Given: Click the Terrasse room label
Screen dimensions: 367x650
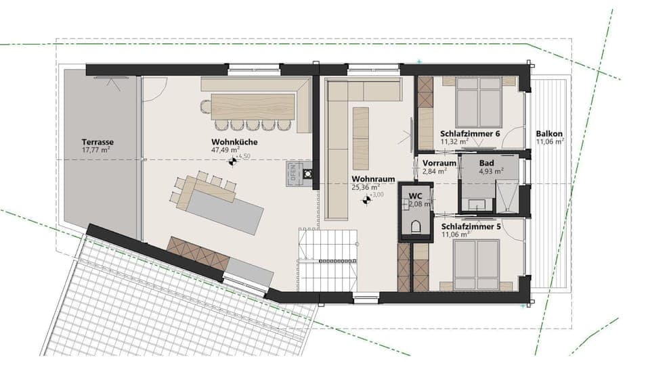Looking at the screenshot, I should [x=97, y=142].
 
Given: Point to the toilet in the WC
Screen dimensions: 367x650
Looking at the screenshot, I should [x=416, y=225].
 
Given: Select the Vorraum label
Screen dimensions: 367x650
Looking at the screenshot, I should [x=439, y=164].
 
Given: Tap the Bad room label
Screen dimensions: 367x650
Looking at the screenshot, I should [x=487, y=164].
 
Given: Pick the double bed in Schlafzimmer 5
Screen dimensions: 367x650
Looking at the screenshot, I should [x=477, y=264].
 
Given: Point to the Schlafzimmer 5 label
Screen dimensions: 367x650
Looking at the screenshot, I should [x=472, y=226].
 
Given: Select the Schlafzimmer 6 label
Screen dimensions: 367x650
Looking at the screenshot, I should [x=469, y=134].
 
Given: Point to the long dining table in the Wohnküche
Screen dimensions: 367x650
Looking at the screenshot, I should [x=253, y=106].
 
